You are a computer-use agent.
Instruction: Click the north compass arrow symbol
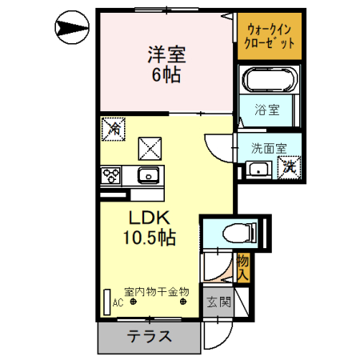tap(72, 27)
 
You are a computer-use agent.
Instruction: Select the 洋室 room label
tap(166, 54)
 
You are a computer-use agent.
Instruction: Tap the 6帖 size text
tap(166, 74)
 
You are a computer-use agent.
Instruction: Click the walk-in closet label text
tap(270, 36)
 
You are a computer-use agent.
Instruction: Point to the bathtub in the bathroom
tap(270, 79)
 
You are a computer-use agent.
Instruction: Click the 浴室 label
tap(267, 110)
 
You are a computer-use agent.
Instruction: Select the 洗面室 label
tap(269, 148)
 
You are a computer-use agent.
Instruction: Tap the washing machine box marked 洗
tap(289, 167)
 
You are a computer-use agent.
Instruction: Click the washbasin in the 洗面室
tap(258, 170)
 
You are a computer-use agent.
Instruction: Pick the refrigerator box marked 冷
tap(114, 129)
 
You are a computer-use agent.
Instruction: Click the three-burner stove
tap(111, 175)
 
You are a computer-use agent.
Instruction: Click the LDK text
tap(150, 218)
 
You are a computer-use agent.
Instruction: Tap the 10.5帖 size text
tap(150, 238)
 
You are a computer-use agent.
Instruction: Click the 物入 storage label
tap(243, 268)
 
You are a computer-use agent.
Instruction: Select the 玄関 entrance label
tap(218, 302)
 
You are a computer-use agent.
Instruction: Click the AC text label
tap(118, 303)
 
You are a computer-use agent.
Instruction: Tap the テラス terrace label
tap(150, 336)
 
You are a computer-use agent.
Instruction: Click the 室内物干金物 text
tap(157, 292)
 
